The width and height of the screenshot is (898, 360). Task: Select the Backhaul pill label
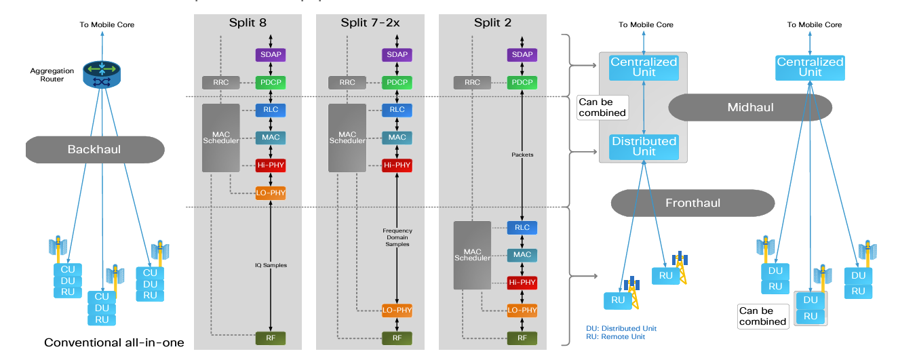click(x=94, y=148)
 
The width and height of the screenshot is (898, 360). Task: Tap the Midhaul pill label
click(x=750, y=107)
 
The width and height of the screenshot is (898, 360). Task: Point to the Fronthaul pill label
click(x=692, y=203)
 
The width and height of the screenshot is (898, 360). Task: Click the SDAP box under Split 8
click(x=271, y=54)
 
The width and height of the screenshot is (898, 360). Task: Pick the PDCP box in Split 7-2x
click(x=397, y=83)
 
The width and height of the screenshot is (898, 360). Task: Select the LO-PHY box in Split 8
click(x=271, y=193)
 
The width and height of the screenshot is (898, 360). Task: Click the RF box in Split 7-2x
click(x=397, y=337)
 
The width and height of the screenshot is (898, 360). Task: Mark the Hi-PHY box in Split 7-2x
click(x=397, y=165)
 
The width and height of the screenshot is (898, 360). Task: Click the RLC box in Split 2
click(x=522, y=228)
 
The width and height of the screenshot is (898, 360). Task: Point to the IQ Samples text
click(x=271, y=265)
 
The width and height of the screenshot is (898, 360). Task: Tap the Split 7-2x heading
click(x=370, y=22)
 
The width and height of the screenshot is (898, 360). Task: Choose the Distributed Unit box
click(x=644, y=146)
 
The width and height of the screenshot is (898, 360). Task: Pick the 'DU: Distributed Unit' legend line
click(x=621, y=329)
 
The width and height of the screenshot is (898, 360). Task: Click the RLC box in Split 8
click(x=271, y=110)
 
